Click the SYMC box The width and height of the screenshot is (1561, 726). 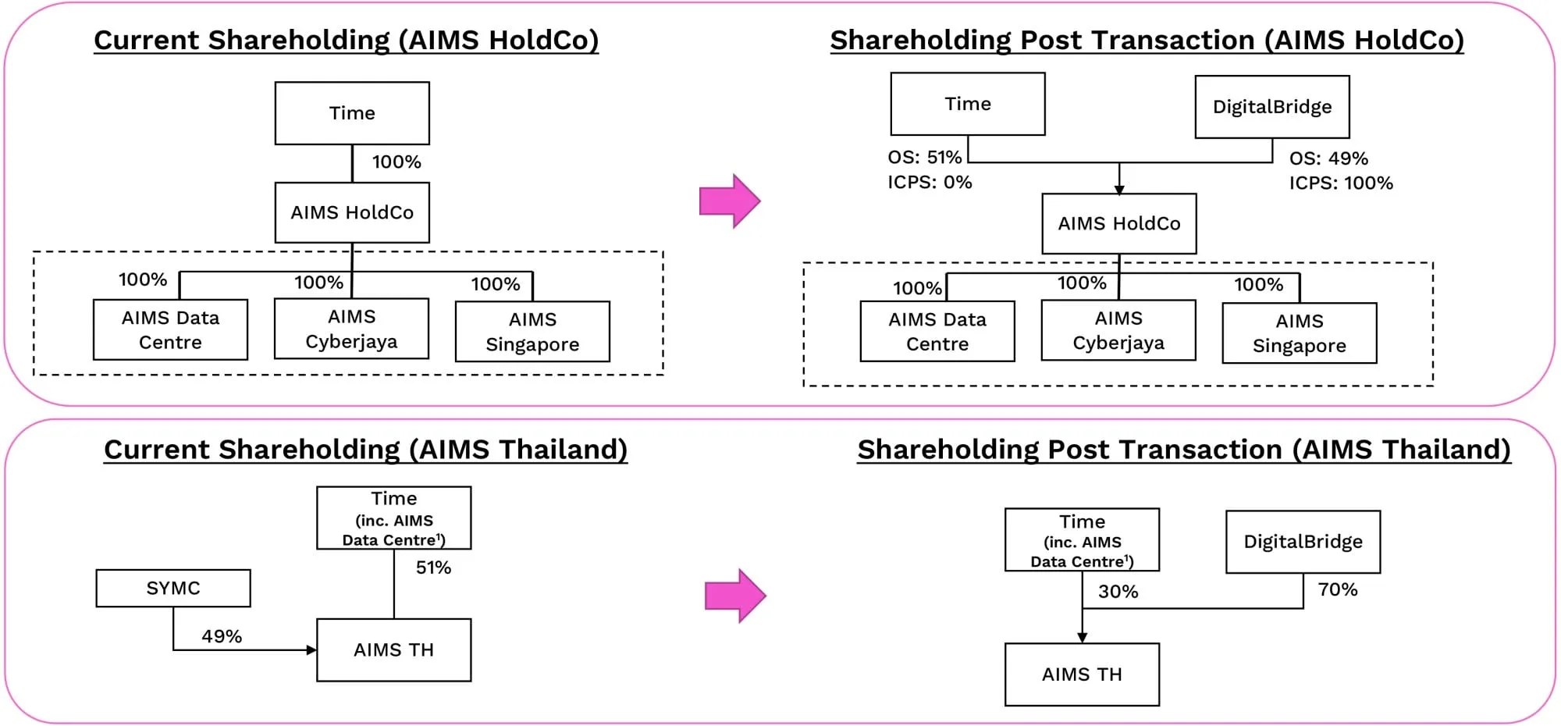click(x=173, y=588)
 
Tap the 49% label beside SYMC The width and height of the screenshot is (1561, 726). click(x=222, y=636)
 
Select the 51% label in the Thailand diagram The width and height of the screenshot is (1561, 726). click(x=433, y=568)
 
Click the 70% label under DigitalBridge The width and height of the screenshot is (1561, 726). click(x=1338, y=589)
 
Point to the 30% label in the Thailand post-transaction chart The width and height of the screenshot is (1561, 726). click(x=1118, y=592)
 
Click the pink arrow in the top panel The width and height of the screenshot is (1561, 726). click(x=729, y=201)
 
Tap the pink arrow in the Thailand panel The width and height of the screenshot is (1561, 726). click(x=734, y=596)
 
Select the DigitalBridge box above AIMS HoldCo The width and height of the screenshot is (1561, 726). click(x=1271, y=107)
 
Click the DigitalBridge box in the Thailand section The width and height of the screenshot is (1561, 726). click(x=1303, y=542)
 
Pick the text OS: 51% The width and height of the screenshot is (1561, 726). click(x=924, y=158)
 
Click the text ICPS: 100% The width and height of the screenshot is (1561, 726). click(x=1340, y=183)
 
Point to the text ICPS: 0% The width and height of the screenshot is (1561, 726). click(x=929, y=183)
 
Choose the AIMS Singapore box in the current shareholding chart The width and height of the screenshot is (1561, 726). click(x=532, y=332)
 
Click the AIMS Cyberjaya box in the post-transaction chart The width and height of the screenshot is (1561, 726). click(x=1118, y=330)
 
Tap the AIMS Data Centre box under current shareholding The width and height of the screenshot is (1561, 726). click(x=170, y=329)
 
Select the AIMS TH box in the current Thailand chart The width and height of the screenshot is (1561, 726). click(x=393, y=649)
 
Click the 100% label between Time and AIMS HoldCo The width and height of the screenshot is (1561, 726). click(x=396, y=162)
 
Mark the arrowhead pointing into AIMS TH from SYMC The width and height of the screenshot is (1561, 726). click(x=311, y=649)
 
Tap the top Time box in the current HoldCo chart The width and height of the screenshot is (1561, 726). click(x=352, y=113)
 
